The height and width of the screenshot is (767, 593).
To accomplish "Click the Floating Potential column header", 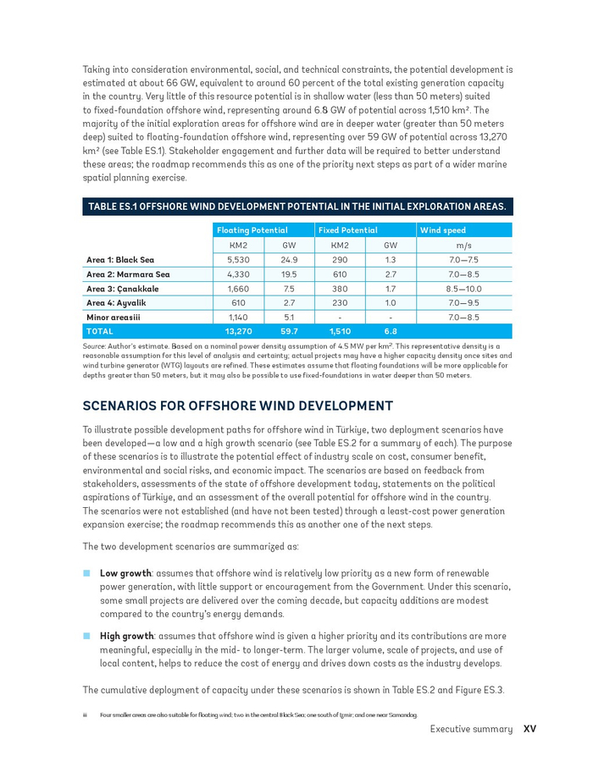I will point(252,230).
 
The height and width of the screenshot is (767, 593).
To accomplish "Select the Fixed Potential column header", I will point(348,230).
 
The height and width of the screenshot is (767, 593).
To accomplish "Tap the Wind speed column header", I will point(443,230).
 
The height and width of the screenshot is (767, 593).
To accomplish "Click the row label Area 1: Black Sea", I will point(120,260).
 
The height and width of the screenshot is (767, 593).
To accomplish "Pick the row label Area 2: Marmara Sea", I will point(128,274).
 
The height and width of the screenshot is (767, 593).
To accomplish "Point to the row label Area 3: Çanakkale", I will point(123,289).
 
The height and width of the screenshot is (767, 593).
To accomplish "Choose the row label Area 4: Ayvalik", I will point(118,302).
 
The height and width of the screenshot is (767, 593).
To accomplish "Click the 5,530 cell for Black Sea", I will point(238,260).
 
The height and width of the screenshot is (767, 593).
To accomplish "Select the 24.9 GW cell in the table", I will point(289,260).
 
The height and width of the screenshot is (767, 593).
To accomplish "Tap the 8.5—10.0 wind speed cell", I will point(463,289).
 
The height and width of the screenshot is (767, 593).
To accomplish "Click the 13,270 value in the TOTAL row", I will point(238,331).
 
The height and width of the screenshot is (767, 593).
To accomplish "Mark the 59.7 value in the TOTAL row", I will point(289,331).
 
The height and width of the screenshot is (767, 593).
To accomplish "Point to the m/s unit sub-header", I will point(463,245).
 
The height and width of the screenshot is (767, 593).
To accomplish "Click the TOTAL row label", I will point(100,331).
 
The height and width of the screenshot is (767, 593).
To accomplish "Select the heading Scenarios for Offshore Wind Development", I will point(238,406).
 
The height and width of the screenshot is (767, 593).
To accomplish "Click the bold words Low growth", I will point(125,573).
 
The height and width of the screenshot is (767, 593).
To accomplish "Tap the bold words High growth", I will point(126,636).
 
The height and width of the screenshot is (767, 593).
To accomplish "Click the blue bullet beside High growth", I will point(86,636).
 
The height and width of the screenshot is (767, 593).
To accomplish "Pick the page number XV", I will point(529,729).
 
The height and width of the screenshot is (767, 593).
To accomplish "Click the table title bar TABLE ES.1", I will point(297,207).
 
